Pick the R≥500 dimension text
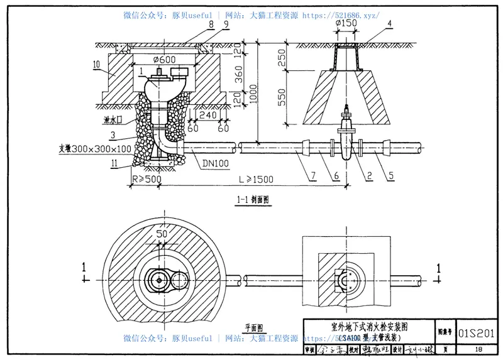[146, 179]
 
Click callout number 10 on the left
[96, 63]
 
